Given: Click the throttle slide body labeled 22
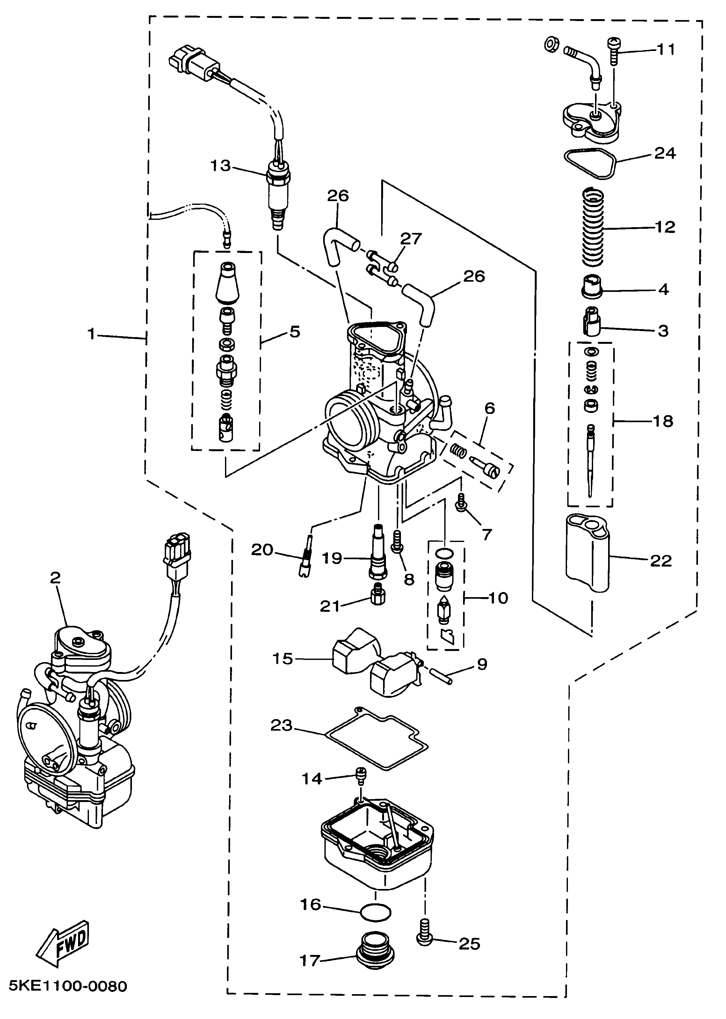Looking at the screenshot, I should (587, 553).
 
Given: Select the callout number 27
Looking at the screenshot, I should (410, 239).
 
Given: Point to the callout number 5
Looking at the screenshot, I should (294, 332).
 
